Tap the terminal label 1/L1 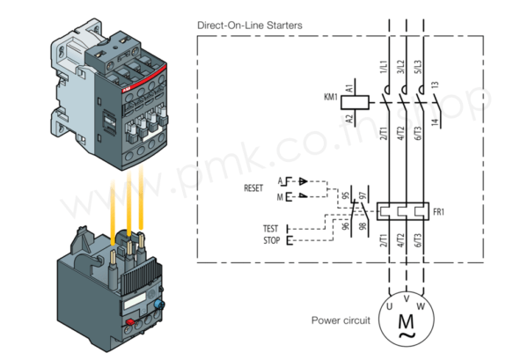click(x=385, y=67)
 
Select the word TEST click(x=270, y=229)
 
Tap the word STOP click(x=270, y=239)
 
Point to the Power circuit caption click(x=341, y=320)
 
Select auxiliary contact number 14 click(x=436, y=123)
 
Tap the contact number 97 click(x=362, y=193)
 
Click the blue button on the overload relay click(x=159, y=304)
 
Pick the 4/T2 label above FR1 click(x=401, y=134)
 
